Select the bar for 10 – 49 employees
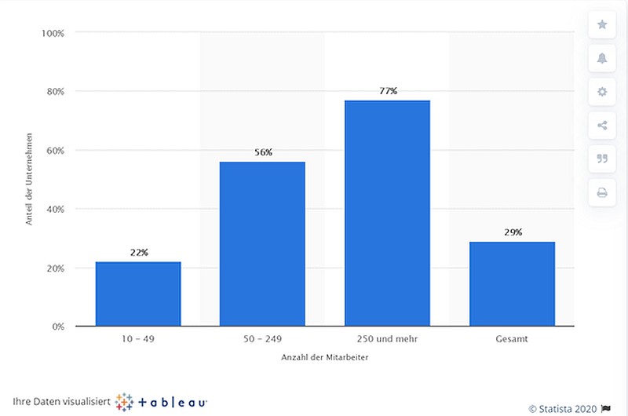click(x=138, y=294)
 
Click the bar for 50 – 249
click(x=262, y=244)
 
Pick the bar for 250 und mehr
click(x=387, y=213)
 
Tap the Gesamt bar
click(x=513, y=284)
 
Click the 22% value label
click(x=139, y=252)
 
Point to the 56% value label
click(x=263, y=152)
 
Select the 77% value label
click(x=388, y=91)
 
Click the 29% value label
click(x=513, y=232)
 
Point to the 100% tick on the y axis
click(x=53, y=33)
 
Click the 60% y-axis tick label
click(x=55, y=151)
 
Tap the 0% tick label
click(x=58, y=327)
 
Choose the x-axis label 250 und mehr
click(x=387, y=339)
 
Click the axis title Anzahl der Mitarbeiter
click(x=324, y=357)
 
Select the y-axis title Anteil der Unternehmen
click(x=29, y=179)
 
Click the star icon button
click(x=602, y=25)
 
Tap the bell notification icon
click(x=602, y=58)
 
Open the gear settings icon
click(x=602, y=92)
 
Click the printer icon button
click(x=602, y=193)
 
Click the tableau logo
click(x=161, y=402)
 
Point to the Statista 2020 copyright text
click(x=563, y=409)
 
